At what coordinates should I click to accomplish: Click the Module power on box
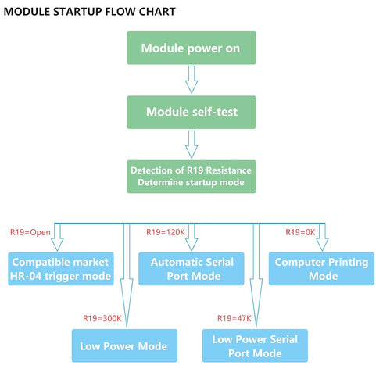point(191,48)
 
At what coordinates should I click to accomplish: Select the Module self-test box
point(191,112)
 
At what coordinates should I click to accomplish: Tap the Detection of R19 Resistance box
point(191,177)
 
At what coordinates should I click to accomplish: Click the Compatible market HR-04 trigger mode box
point(61,269)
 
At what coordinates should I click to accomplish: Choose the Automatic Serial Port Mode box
point(191,269)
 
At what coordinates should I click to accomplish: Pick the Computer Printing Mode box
point(321,269)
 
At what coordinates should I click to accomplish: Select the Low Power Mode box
point(124,345)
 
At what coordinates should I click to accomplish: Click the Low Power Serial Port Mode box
point(255,345)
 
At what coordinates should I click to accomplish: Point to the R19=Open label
point(30,232)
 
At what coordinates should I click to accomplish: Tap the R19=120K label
point(166,232)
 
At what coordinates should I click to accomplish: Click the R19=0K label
point(300,232)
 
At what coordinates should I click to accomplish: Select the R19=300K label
point(102,318)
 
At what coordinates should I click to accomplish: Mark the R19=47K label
point(234,318)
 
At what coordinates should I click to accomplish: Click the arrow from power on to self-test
point(191,80)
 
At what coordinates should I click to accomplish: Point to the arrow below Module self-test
point(191,145)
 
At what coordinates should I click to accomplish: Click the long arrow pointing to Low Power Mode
point(127,275)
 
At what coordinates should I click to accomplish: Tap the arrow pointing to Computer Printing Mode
point(322,237)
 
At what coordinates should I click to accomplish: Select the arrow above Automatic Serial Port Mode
point(191,237)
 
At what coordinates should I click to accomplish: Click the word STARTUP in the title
point(77,12)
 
